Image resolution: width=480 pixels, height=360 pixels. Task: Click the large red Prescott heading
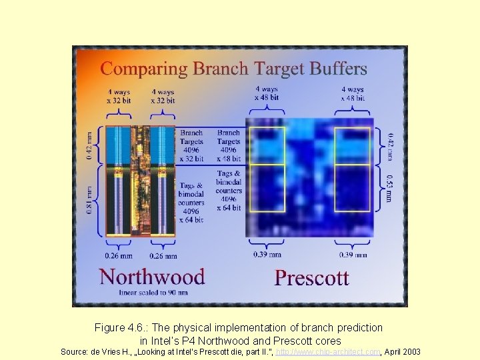[311, 277]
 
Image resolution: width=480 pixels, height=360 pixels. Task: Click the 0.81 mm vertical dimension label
[90, 200]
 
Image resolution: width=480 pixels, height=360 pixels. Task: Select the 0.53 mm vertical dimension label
[389, 188]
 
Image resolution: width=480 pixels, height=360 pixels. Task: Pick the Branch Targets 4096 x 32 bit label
[191, 146]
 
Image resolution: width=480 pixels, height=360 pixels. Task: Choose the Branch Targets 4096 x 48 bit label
[228, 146]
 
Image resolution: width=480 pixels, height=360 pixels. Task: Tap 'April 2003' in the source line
[401, 351]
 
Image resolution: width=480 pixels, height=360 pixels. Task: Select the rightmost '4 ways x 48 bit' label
[353, 93]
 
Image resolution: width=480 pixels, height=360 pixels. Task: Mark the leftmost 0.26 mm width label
[118, 255]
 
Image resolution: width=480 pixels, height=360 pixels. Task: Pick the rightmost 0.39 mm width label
[353, 255]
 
